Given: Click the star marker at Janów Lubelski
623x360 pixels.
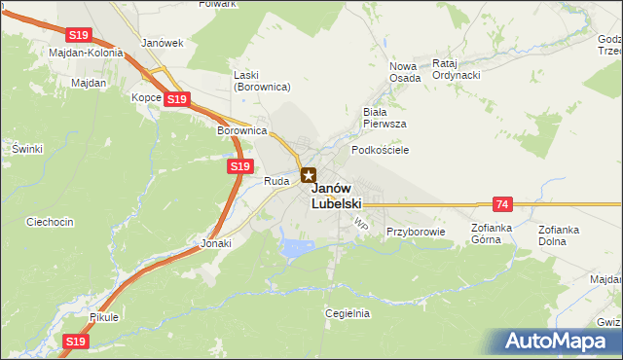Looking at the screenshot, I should pyautogui.click(x=309, y=175).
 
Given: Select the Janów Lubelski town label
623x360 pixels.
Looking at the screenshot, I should pyautogui.click(x=337, y=196).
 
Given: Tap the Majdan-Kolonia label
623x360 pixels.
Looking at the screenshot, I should pyautogui.click(x=86, y=53).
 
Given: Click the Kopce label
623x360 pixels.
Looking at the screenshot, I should pyautogui.click(x=146, y=98).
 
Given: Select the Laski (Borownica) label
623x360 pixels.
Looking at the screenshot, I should pyautogui.click(x=263, y=81).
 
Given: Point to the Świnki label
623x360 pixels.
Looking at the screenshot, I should pyautogui.click(x=27, y=148).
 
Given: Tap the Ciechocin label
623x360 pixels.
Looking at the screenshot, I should pyautogui.click(x=51, y=222).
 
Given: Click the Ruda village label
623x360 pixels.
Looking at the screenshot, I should pyautogui.click(x=276, y=181).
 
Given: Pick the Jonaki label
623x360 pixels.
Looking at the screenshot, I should pyautogui.click(x=216, y=244).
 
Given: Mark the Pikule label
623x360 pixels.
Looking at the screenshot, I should pyautogui.click(x=102, y=317).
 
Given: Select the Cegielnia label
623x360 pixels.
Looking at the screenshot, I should pyautogui.click(x=348, y=313).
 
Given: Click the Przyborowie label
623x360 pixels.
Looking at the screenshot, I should pyautogui.click(x=415, y=232).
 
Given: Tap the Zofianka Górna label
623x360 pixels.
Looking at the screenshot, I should pyautogui.click(x=492, y=234).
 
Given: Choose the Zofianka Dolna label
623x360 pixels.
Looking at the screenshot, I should pyautogui.click(x=559, y=234).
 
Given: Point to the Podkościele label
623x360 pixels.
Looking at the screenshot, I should pyautogui.click(x=380, y=150).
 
